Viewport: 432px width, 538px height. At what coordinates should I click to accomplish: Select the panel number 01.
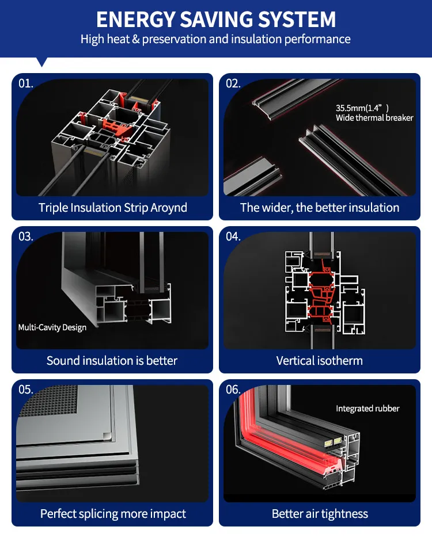(x=26, y=83)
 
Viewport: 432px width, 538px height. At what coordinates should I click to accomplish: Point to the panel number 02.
(x=233, y=83)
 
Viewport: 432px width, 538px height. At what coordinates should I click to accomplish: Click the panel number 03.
(x=26, y=236)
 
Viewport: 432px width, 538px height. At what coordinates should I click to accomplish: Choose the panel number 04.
(x=233, y=236)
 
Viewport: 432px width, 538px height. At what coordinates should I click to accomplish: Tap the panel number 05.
(x=26, y=390)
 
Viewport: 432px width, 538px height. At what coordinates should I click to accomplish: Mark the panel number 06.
(x=233, y=390)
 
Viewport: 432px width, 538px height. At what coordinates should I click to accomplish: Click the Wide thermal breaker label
(x=374, y=118)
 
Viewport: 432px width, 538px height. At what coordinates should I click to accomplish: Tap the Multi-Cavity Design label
(x=52, y=327)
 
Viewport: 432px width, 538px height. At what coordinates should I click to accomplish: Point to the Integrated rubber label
(x=367, y=409)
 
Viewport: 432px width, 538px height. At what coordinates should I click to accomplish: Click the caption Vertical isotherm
(x=320, y=361)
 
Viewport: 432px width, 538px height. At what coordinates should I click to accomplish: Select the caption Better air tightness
(x=320, y=514)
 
